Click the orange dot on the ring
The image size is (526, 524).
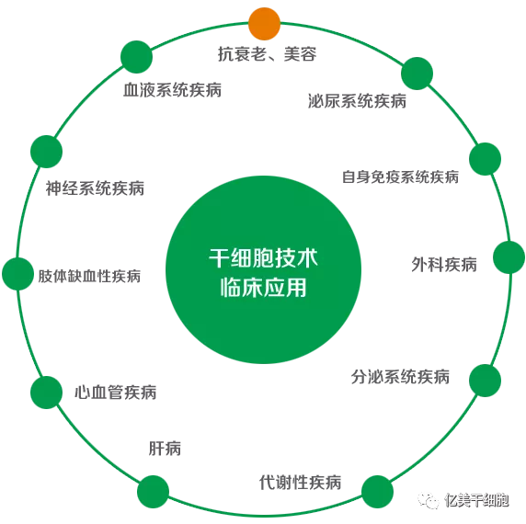point(264,24)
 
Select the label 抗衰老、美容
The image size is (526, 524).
point(267,54)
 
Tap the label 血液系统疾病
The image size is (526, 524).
point(173,90)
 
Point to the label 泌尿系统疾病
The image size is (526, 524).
point(357,101)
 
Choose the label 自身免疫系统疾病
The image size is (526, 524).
point(400,177)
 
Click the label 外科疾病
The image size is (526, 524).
point(444,265)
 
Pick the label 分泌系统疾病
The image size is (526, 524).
point(400,377)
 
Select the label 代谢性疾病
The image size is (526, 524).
point(300,483)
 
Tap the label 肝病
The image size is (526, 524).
point(165,449)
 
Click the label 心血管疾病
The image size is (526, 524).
point(115,393)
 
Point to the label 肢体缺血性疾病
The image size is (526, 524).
point(89,276)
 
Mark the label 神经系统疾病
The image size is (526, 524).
point(95,188)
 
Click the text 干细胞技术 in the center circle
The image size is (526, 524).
point(263,258)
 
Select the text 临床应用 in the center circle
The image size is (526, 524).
point(263,288)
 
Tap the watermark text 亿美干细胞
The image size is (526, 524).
point(476,500)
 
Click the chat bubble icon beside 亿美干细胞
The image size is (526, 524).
point(428,501)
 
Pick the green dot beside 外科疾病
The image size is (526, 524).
point(509,257)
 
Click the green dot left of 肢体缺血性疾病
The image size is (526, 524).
point(18,274)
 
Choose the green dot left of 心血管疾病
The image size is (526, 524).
point(46,393)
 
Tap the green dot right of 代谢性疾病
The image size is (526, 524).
point(377,492)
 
